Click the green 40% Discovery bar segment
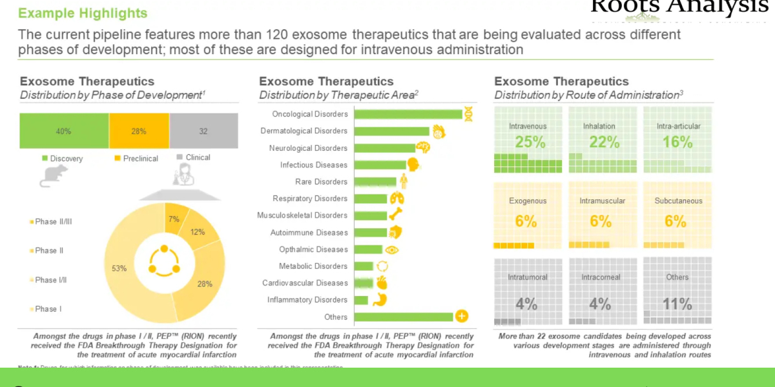pos(64,131)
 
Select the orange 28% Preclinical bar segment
pos(139,131)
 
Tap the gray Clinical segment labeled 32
pos(203,131)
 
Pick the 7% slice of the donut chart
pos(173,220)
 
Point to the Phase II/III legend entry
pos(53,222)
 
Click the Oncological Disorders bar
pos(408,114)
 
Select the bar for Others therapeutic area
pos(404,317)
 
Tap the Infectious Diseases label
pos(313,165)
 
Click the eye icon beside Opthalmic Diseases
pos(392,250)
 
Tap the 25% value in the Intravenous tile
pos(530,143)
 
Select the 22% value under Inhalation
pos(603,143)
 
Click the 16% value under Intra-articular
pos(677,143)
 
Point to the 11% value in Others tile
pos(677,304)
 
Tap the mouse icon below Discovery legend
pos(54,175)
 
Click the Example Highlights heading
pos(83,13)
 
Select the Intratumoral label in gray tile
pos(528,277)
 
